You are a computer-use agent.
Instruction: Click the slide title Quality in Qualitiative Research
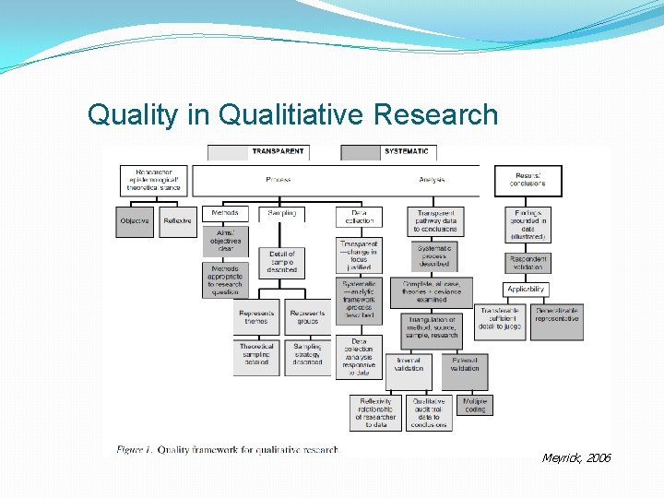[x=292, y=115]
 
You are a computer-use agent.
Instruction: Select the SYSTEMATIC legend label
[x=406, y=152]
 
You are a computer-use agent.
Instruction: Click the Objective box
[x=135, y=221]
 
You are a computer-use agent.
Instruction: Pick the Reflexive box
[x=177, y=221]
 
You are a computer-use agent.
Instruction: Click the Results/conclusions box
[x=528, y=180]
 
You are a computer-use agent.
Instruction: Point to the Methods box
[x=225, y=213]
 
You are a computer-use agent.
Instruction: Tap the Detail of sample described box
[x=282, y=261]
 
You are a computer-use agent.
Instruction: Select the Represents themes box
[x=256, y=317]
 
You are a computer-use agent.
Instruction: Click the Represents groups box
[x=307, y=317]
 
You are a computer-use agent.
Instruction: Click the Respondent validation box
[x=528, y=263]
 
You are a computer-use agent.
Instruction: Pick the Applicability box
[x=526, y=290]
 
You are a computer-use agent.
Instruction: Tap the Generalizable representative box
[x=556, y=315]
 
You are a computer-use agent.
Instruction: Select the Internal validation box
[x=409, y=364]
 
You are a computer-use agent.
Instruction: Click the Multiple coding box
[x=474, y=405]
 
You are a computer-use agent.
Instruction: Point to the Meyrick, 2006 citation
[x=576, y=458]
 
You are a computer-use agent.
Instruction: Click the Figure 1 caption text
[x=228, y=449]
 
